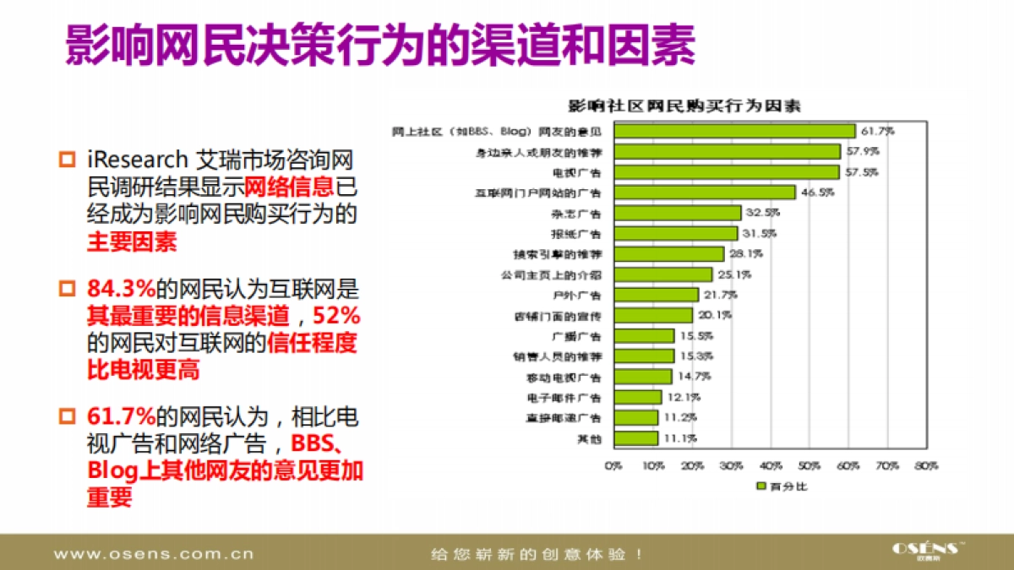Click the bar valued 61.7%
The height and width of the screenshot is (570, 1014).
pyautogui.click(x=734, y=131)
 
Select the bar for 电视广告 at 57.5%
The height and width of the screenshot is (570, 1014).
pyautogui.click(x=727, y=172)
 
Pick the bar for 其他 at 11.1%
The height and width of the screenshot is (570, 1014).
pyautogui.click(x=635, y=438)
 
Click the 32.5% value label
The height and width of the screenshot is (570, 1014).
pyautogui.click(x=762, y=213)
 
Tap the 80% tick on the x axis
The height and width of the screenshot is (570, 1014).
pyautogui.click(x=926, y=466)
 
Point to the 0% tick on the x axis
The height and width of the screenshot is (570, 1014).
pyautogui.click(x=613, y=466)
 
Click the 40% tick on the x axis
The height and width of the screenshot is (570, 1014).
pyautogui.click(x=770, y=466)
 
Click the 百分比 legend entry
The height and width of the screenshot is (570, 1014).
pyautogui.click(x=782, y=486)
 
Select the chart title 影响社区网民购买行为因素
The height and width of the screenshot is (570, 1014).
pyautogui.click(x=684, y=106)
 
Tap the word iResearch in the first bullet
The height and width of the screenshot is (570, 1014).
pyautogui.click(x=137, y=160)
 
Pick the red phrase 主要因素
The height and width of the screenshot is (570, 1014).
pyautogui.click(x=132, y=242)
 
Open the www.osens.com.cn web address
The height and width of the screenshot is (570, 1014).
pyautogui.click(x=153, y=555)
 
